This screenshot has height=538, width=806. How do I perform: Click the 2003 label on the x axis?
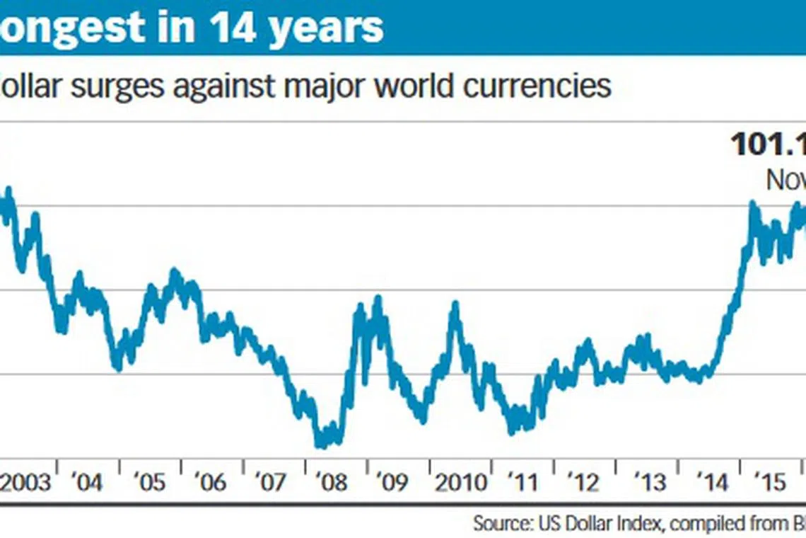coord(26,483)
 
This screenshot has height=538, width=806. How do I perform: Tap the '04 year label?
coord(87,483)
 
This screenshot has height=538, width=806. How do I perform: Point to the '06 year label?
coord(211,483)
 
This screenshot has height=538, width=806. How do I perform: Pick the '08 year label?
coord(334,483)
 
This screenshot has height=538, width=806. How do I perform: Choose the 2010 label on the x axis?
coord(460,483)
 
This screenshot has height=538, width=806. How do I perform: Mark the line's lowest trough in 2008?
coord(320,445)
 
